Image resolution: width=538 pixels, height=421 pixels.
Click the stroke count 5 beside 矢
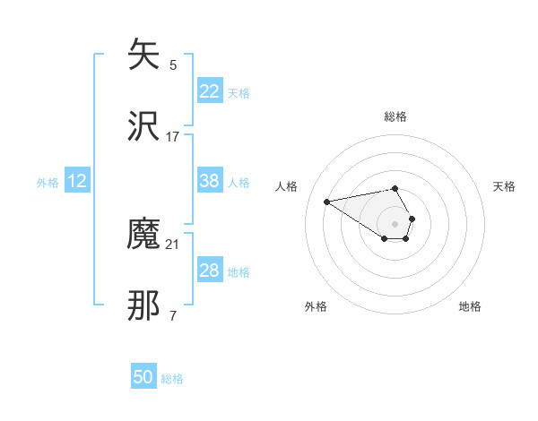[x=173, y=65]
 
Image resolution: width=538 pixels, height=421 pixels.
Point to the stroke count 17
[x=173, y=137]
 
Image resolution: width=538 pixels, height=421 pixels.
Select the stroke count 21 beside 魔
[x=173, y=245]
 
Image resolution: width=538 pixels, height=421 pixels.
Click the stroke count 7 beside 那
[x=173, y=315]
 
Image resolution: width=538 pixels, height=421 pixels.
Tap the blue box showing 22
[x=209, y=91]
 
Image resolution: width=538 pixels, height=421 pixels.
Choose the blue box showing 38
[x=209, y=181]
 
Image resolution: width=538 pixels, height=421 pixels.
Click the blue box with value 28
[x=209, y=271]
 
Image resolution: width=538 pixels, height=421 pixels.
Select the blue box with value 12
[x=77, y=181]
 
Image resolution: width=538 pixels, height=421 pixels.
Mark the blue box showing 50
[x=143, y=377]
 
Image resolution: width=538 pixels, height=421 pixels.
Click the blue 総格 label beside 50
[x=173, y=379]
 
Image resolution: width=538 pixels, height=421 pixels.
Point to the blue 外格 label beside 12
[x=48, y=183]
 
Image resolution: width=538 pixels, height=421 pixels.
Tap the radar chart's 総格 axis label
[x=395, y=116]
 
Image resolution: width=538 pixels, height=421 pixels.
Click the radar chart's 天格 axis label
[x=504, y=186]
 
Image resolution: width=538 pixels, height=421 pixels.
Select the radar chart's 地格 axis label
[x=470, y=306]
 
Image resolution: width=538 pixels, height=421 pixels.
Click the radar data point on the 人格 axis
[x=326, y=201]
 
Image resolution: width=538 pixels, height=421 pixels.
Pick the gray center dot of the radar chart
[x=395, y=223]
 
